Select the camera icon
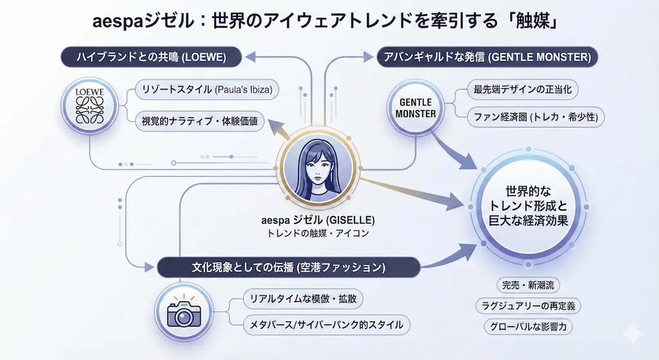click(184, 311)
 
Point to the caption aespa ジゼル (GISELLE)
click(319, 219)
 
